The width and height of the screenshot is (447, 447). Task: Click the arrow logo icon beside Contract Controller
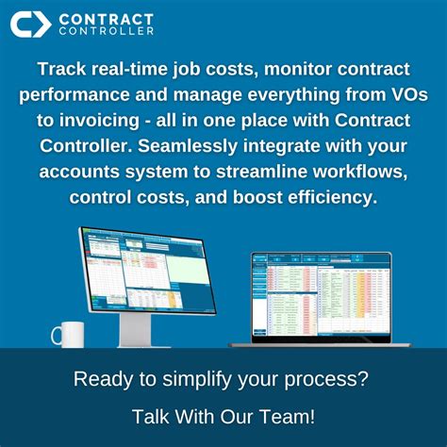coord(29,24)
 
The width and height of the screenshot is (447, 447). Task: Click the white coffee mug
coord(68,334)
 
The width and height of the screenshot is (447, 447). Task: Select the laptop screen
coord(321,295)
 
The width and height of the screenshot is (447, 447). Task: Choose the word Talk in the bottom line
coord(151,415)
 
